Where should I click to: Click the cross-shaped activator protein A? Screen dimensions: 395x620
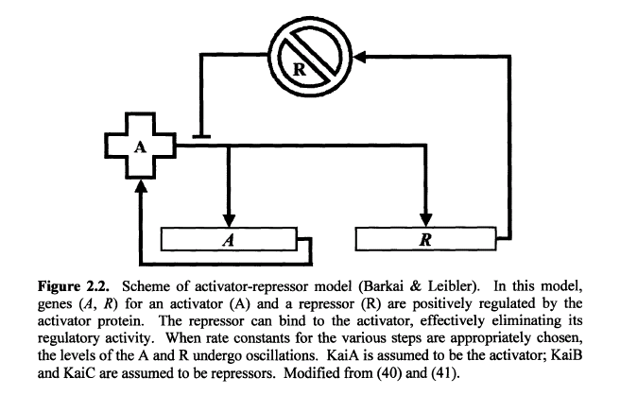(x=139, y=146)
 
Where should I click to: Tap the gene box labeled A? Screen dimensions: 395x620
(x=228, y=241)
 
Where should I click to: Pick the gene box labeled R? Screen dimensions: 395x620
(x=425, y=241)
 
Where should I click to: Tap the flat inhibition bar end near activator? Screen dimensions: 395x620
(x=196, y=138)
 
